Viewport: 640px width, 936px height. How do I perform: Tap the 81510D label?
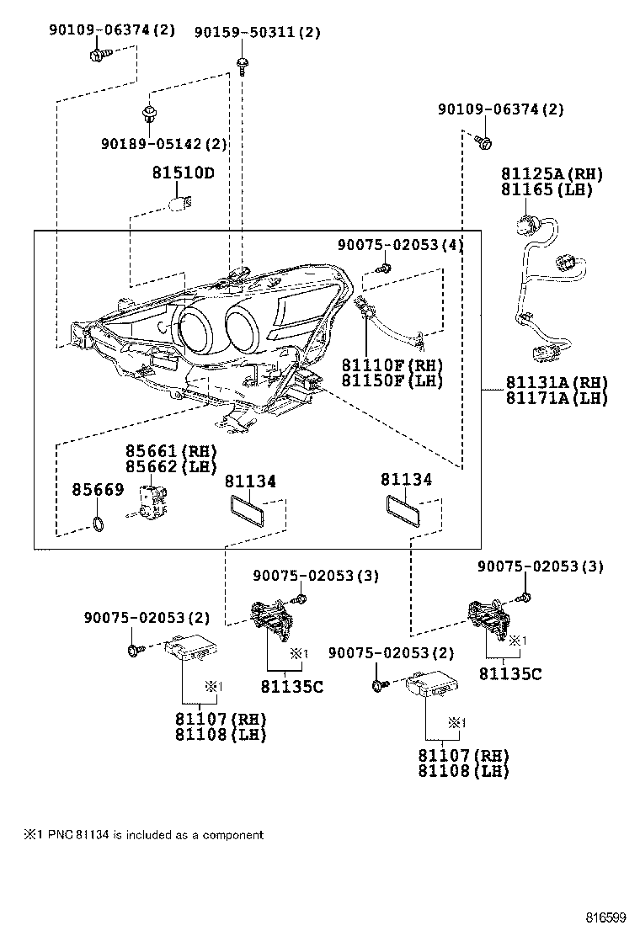(x=183, y=173)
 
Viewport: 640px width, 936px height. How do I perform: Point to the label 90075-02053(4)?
(x=401, y=244)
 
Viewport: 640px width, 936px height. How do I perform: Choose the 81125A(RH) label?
(x=552, y=174)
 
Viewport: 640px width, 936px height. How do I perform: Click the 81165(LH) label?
(x=547, y=189)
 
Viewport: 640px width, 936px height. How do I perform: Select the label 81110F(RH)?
(x=392, y=365)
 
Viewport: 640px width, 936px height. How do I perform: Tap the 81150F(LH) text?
(x=392, y=380)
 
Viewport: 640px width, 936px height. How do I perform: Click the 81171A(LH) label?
(x=556, y=398)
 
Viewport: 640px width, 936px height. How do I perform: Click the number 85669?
(x=98, y=489)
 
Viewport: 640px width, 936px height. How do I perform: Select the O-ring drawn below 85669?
(x=99, y=527)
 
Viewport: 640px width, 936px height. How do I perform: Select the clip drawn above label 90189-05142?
(x=149, y=111)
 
